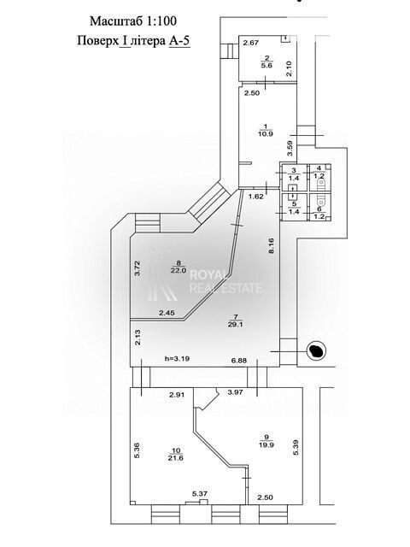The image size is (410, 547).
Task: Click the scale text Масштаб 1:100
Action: pos(133,21)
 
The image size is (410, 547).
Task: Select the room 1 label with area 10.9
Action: pos(266,130)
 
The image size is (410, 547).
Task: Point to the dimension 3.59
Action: pos(290,148)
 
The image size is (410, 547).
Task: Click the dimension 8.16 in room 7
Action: pos(272,245)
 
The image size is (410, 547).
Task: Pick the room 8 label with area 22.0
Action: pos(179,267)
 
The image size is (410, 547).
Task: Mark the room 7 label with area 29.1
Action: pos(236,321)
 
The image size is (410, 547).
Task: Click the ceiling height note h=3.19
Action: pos(177,358)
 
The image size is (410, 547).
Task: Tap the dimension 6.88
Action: pos(239,361)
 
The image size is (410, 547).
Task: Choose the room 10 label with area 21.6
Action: pos(175,455)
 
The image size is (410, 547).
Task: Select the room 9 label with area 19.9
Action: pos(266,441)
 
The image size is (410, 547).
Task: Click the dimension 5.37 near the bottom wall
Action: pos(200,494)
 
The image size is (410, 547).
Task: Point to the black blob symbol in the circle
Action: pos(317,350)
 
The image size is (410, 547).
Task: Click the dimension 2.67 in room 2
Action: pos(251,43)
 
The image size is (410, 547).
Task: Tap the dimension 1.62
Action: pos(256,196)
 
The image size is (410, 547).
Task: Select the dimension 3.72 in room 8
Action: pos(138,268)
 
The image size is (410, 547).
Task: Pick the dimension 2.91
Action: pos(177,395)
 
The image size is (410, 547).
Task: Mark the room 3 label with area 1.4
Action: pos(294,174)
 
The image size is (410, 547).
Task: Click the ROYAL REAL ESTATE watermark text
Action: pos(225,282)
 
